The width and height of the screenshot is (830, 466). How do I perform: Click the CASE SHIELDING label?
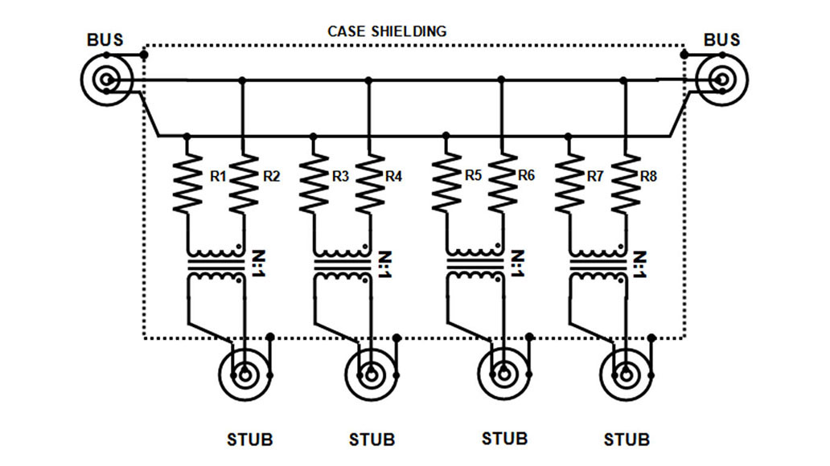[x=387, y=31]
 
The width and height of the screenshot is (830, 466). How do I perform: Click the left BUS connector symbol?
[x=106, y=80]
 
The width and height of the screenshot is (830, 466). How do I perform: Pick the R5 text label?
[x=474, y=176]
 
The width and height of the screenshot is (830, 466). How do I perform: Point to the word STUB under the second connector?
[x=372, y=440]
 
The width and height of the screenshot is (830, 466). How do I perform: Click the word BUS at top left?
[x=105, y=40]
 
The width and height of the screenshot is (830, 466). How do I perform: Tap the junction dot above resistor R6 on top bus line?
[x=502, y=80]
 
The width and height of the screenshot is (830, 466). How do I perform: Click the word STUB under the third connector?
[x=505, y=439]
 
